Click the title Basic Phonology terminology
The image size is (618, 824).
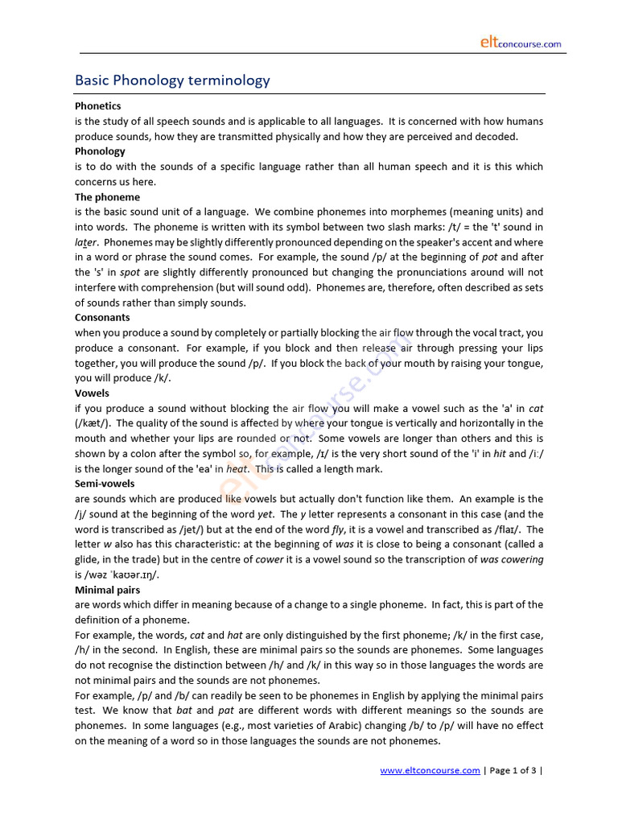coord(172,80)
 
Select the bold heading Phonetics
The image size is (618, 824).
coord(98,106)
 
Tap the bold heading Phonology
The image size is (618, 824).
coord(100,151)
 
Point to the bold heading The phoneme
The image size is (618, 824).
coord(107,197)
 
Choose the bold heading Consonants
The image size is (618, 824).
coord(102,318)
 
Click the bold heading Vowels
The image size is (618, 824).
coord(92,393)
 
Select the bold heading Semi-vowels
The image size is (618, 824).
coord(105,484)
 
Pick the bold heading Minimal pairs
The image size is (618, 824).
coord(107,590)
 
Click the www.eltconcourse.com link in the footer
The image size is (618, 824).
coord(430,771)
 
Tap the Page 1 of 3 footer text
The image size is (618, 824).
coord(513,771)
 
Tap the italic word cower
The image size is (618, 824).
coord(269,559)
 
